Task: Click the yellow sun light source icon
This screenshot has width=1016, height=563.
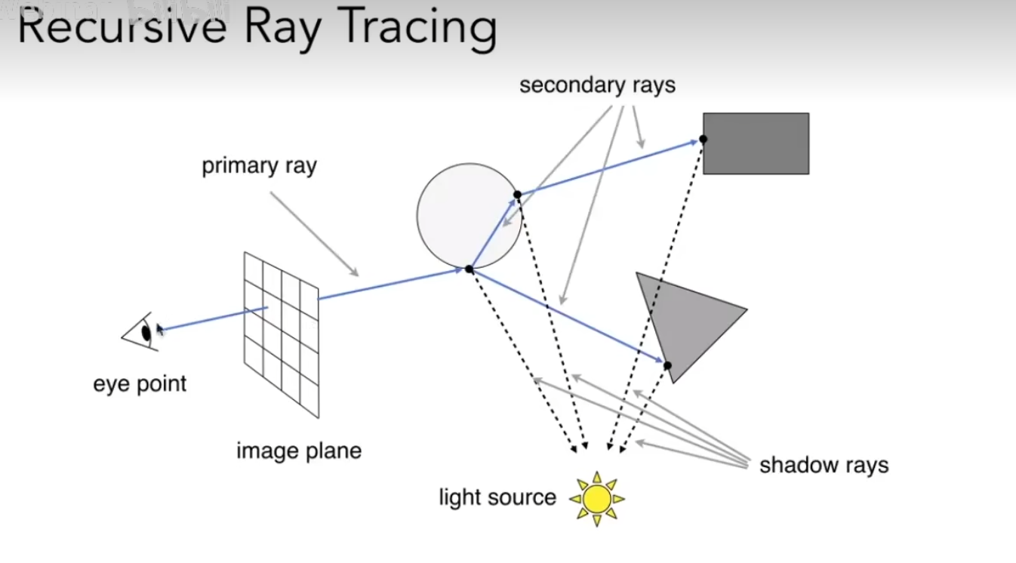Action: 597,498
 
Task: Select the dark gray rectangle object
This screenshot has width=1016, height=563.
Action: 756,143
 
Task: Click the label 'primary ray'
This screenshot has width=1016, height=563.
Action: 259,166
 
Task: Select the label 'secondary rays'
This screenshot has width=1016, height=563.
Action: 597,85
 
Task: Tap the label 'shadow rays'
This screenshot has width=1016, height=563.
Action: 824,465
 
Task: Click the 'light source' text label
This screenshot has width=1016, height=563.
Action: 497,497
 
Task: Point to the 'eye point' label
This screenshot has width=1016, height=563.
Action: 140,383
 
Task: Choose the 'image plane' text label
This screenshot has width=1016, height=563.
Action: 299,451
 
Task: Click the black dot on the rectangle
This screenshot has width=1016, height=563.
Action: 703,139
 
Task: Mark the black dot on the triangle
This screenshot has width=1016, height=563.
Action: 667,365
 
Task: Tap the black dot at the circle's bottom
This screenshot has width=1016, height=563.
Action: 469,269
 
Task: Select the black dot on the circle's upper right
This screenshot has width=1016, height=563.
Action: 517,195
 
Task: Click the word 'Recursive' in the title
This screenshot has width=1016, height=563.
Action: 122,28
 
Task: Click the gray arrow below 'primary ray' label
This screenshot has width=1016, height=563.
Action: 314,234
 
